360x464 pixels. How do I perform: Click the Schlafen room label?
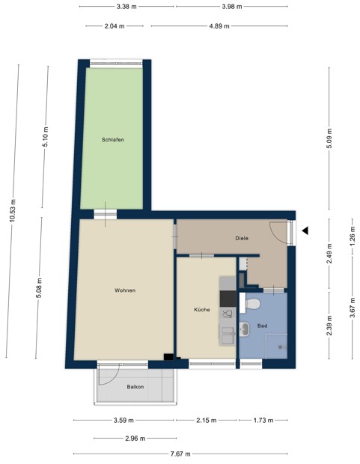tap(113, 140)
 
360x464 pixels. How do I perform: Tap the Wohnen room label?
tap(125, 290)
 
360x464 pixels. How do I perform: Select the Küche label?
tap(201, 309)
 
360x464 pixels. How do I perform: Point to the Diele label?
tap(242, 238)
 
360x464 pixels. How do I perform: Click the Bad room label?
tap(262, 326)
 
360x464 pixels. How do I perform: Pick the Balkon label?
tap(135, 387)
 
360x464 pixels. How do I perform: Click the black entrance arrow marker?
tap(305, 231)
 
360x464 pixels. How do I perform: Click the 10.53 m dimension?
tap(12, 212)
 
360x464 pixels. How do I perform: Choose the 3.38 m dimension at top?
tap(126, 7)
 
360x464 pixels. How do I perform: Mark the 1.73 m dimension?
tap(261, 421)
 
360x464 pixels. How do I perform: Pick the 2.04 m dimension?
tap(115, 25)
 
